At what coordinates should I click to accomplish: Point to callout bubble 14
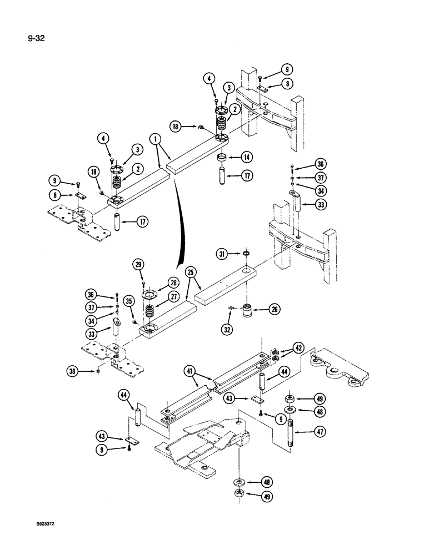(247, 157)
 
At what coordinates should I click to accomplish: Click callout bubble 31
(222, 254)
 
